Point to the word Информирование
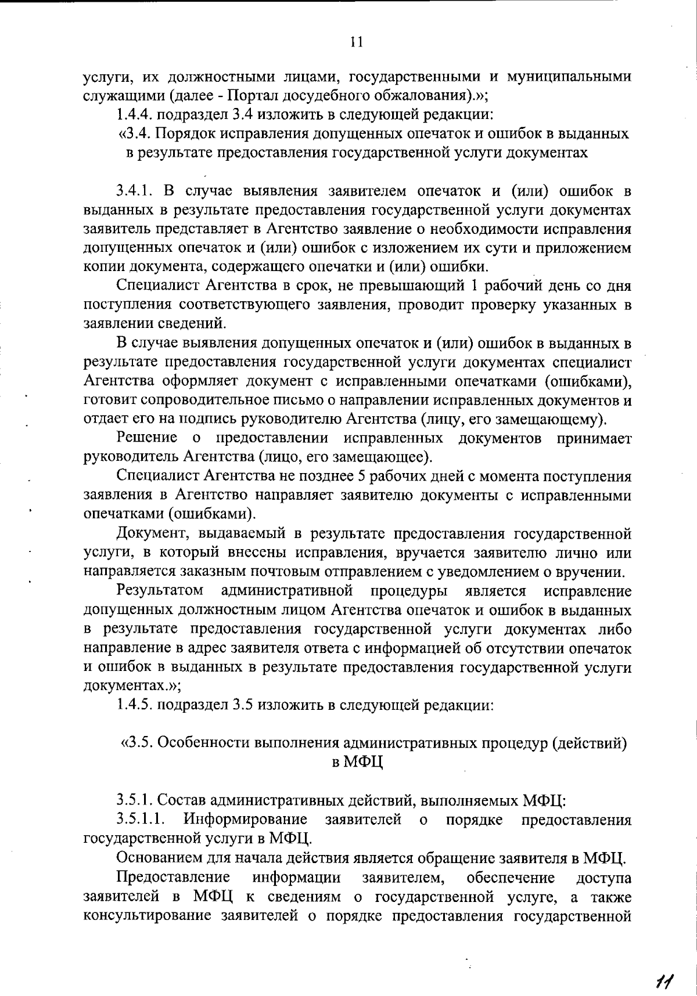pos(246,820)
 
